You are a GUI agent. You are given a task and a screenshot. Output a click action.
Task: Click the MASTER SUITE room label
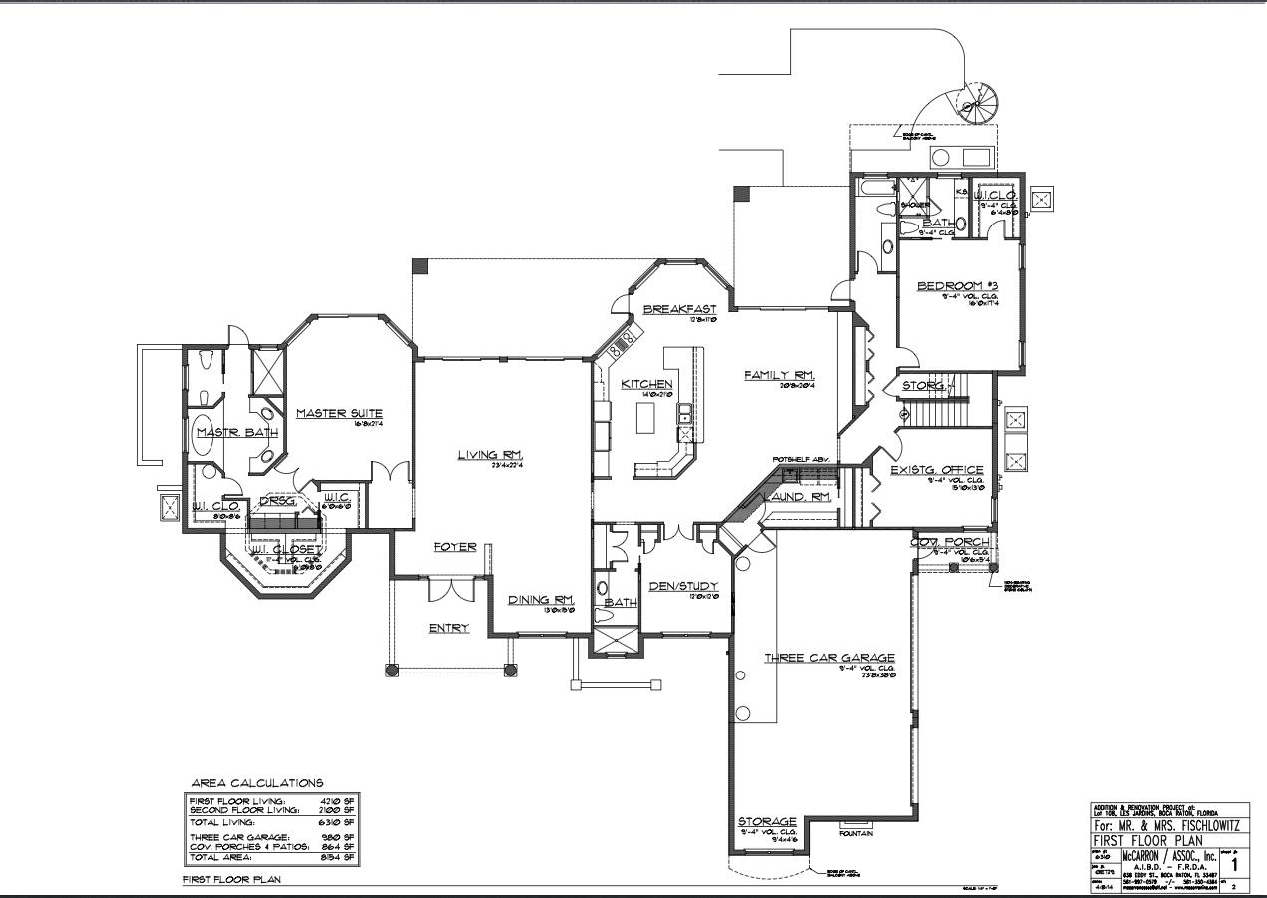coord(339,413)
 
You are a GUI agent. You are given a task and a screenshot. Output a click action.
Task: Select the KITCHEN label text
coord(646,384)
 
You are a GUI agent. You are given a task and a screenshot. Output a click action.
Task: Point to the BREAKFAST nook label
coord(680,309)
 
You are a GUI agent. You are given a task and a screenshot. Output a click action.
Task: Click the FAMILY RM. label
coord(781,375)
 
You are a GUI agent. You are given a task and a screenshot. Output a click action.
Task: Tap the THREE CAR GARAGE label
coord(829,658)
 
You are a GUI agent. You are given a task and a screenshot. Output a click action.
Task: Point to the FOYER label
coord(454,547)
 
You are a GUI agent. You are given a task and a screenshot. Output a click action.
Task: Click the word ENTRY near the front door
coord(449,628)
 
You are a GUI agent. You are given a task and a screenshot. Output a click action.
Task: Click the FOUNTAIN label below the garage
coord(855,832)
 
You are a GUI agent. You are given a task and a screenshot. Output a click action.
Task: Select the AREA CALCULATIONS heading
coord(257,784)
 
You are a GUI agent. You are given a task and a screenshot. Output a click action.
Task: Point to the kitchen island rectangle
coord(646,420)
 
